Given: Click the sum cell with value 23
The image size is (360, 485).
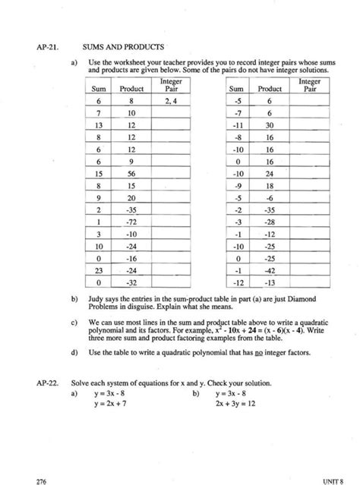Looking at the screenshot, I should (x=99, y=269).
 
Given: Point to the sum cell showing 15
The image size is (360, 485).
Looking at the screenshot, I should (x=99, y=172).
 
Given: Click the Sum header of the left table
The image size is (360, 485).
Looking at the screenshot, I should (x=99, y=88).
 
